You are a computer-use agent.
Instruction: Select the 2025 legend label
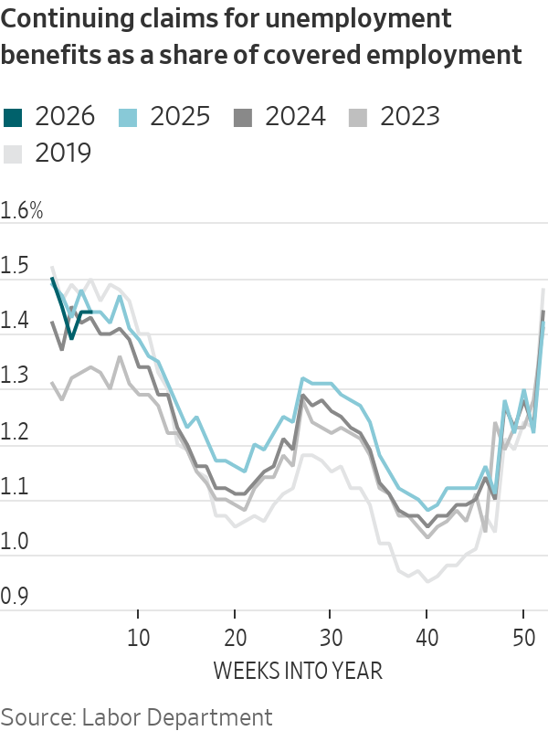[x=178, y=116]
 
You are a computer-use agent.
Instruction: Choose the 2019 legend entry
[x=63, y=152]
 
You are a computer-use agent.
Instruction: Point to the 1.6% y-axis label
[x=23, y=211]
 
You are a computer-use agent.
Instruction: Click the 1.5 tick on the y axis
[x=15, y=267]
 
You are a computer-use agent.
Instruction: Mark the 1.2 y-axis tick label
[x=15, y=433]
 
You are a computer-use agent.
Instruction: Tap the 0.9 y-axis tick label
[x=15, y=599]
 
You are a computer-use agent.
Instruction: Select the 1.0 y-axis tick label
[x=15, y=544]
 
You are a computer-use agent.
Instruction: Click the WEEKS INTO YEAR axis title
[x=298, y=671]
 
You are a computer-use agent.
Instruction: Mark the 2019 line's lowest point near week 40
[x=427, y=580]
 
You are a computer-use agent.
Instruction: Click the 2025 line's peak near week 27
[x=301, y=377]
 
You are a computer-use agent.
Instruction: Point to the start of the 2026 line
[x=52, y=279]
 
